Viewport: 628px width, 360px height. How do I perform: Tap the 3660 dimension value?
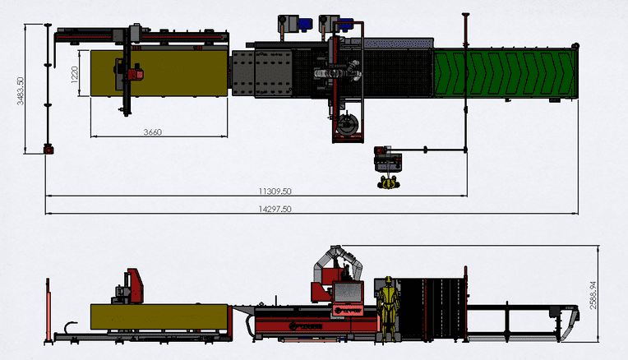click(152, 132)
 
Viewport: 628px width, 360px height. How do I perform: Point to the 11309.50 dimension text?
click(275, 191)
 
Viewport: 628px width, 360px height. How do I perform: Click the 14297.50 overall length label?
click(275, 209)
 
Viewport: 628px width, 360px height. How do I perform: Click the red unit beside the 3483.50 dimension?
click(48, 149)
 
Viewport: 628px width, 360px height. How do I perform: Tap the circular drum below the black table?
click(346, 126)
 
